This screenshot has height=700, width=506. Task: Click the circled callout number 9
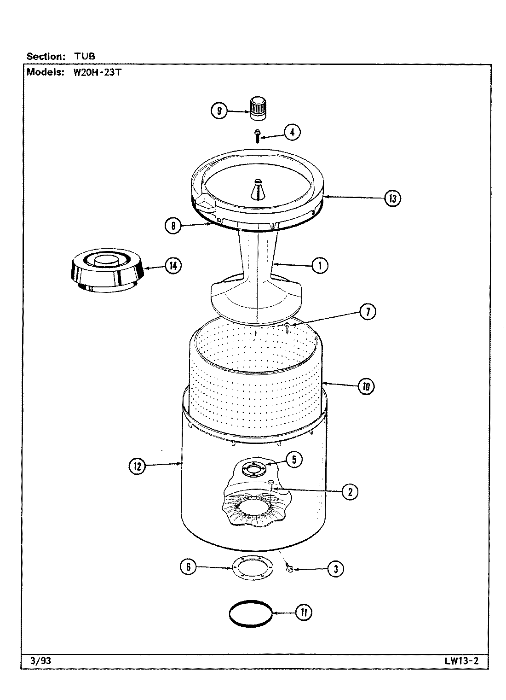click(219, 111)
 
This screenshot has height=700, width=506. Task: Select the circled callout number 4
click(292, 133)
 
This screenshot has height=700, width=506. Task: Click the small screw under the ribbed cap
click(257, 135)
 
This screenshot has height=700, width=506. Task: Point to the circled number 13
click(392, 198)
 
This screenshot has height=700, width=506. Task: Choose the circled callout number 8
click(173, 226)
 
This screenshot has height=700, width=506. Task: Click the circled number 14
click(173, 266)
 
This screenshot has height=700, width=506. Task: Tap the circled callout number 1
click(320, 266)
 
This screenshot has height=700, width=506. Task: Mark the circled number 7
click(368, 312)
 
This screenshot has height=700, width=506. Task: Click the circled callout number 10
click(366, 386)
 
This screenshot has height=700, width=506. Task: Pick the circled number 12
click(137, 466)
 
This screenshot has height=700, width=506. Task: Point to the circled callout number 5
click(294, 459)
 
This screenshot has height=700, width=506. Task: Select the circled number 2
click(350, 492)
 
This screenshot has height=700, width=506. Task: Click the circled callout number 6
click(188, 567)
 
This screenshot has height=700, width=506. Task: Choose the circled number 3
click(336, 569)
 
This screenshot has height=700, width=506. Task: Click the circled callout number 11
click(304, 613)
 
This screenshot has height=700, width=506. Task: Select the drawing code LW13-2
click(461, 661)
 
